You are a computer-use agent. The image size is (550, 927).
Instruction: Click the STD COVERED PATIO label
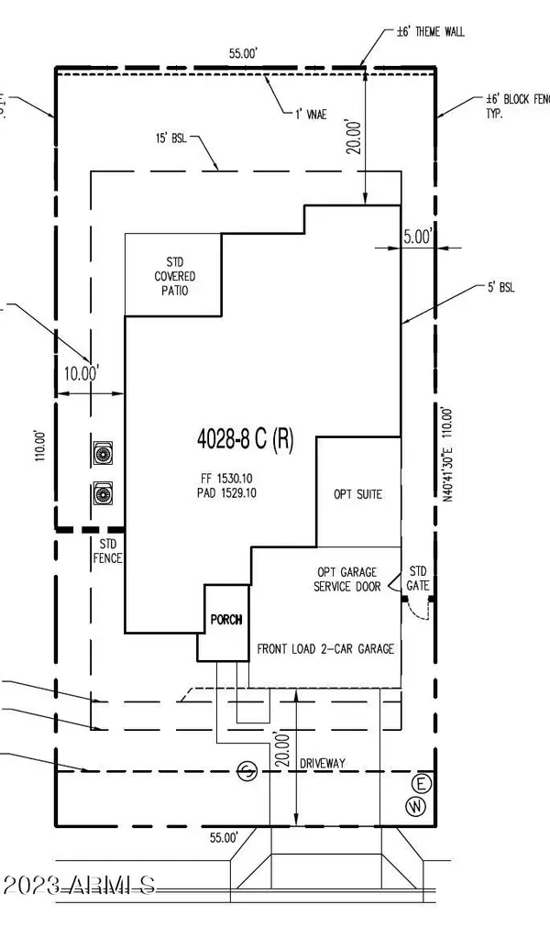[173, 276]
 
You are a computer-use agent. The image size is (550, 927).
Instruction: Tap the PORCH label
[225, 620]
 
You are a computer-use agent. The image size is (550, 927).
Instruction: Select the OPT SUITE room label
[357, 493]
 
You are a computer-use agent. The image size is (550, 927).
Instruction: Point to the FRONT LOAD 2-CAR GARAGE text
[325, 648]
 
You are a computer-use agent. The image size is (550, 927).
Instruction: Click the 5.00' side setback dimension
[417, 237]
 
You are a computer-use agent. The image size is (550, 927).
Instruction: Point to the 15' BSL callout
[171, 139]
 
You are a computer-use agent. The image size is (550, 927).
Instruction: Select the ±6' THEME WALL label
[429, 31]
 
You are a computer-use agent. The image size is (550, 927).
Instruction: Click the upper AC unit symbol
[103, 453]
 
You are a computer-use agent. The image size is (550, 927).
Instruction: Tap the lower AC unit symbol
[103, 495]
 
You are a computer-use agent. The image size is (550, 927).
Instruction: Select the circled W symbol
[417, 805]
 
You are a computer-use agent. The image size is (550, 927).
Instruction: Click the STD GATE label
[419, 577]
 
